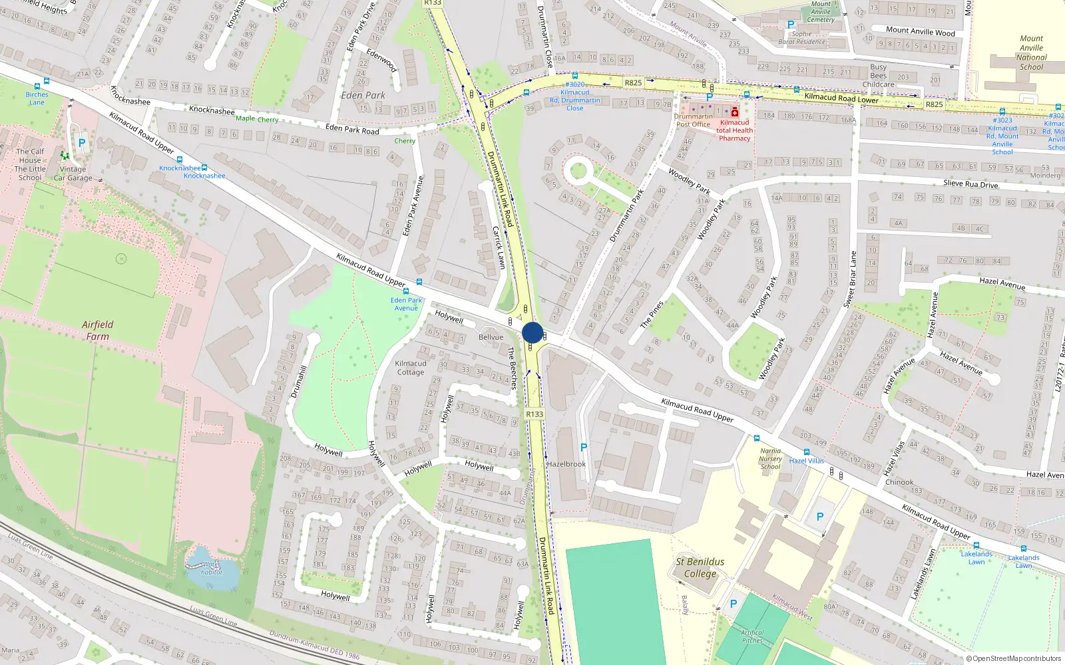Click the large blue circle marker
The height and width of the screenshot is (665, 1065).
click(532, 332)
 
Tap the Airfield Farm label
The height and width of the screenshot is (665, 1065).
click(98, 331)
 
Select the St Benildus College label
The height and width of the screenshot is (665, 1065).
click(700, 567)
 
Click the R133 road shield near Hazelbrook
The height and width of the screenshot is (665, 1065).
click(534, 414)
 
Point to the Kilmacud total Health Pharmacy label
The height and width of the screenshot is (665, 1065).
click(734, 130)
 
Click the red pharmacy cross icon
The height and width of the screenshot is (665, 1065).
click(735, 112)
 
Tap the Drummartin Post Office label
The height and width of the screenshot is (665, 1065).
click(693, 120)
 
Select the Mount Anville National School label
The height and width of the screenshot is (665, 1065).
click(1031, 53)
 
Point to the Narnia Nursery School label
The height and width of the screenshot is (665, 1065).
click(770, 459)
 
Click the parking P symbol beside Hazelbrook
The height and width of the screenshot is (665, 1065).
click(584, 448)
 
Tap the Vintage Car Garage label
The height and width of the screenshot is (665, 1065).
click(73, 174)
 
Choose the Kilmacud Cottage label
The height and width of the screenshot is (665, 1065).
click(411, 368)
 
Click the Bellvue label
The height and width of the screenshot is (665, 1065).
click(491, 337)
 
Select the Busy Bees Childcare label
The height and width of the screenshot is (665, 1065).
click(879, 76)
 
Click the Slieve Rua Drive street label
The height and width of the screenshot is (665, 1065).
click(970, 184)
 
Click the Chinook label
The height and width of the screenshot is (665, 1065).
click(899, 482)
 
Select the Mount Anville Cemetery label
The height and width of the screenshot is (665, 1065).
click(821, 11)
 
